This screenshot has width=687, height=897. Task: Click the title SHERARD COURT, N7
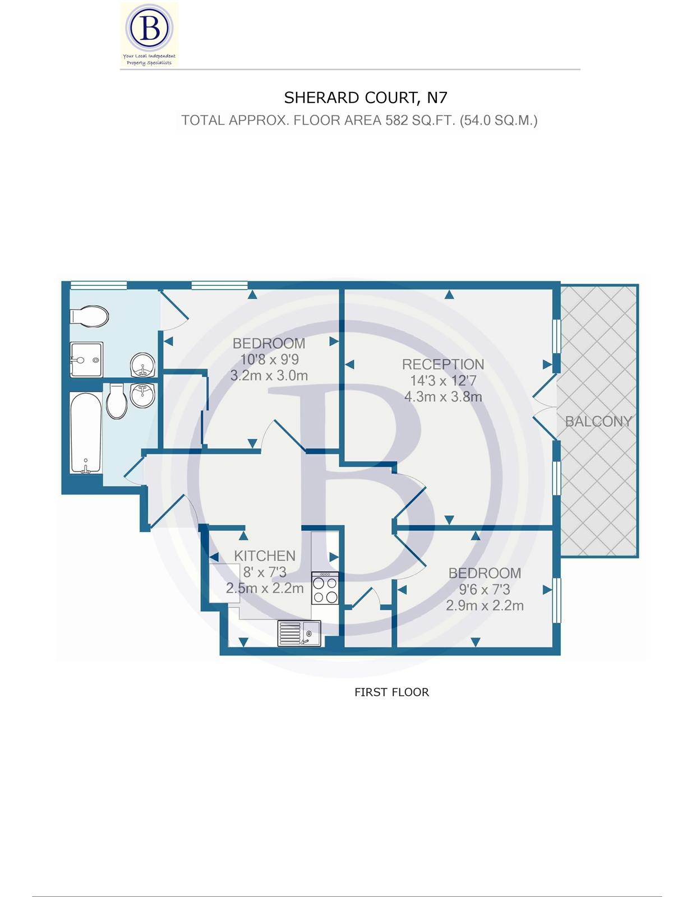coord(366,98)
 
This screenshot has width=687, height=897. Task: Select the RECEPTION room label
coord(442,364)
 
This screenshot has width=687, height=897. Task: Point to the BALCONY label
coord(598,422)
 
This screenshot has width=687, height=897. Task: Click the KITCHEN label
coord(264,556)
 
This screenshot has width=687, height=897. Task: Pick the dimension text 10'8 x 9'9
coord(269,359)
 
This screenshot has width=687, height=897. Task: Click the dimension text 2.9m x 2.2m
coord(485,605)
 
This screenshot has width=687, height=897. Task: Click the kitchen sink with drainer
coord(299,633)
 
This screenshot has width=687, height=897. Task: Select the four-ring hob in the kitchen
coord(325,588)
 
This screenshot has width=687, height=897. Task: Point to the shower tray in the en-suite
coord(86,359)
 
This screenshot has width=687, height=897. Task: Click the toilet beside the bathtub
coord(117,401)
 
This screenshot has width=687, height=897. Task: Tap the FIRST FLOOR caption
coord(391,692)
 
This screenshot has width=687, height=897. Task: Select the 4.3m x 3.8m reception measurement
coord(443,397)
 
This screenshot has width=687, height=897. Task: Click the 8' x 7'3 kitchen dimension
coord(264,572)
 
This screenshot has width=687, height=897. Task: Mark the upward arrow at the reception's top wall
coord(449,294)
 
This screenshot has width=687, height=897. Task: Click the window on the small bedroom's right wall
coord(556,600)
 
